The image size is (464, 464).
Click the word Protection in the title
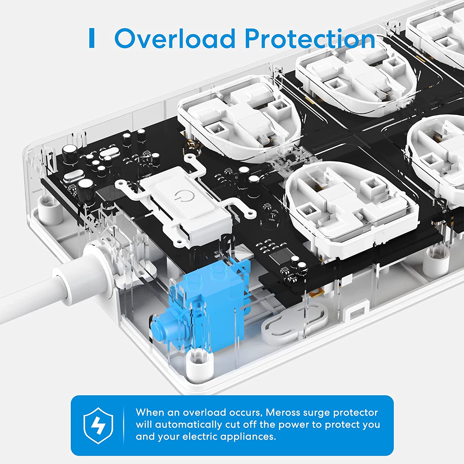point(310,39)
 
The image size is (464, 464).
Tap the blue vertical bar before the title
point(92,38)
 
